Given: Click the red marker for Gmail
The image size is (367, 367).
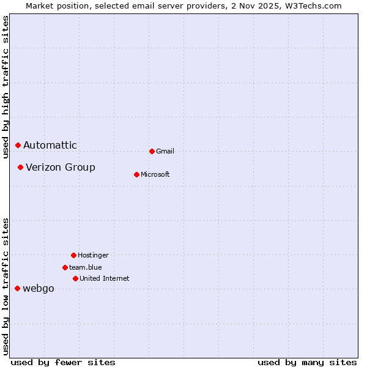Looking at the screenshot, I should click(x=152, y=151).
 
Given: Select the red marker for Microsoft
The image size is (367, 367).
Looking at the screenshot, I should click(x=136, y=174).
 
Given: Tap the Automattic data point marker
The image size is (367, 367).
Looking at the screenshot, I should click(x=18, y=145).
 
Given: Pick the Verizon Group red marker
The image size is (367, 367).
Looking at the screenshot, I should click(x=20, y=167).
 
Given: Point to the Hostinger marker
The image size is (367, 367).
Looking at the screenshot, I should click(x=73, y=255).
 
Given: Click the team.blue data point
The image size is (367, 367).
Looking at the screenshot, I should click(x=65, y=267).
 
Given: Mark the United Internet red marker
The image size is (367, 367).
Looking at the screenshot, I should click(x=75, y=278).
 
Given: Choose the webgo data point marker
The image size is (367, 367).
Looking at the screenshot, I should click(x=17, y=288).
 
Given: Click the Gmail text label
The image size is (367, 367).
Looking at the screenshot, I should click(x=165, y=151).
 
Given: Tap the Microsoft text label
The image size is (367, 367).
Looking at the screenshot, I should click(x=155, y=174).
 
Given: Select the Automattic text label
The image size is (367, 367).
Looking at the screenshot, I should click(x=50, y=145).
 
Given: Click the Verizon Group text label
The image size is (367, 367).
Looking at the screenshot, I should click(x=61, y=167).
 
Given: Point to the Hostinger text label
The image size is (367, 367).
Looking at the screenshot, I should click(x=93, y=255).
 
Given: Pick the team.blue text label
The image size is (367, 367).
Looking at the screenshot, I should click(x=86, y=267).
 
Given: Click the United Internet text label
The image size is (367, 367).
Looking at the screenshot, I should click(x=105, y=278).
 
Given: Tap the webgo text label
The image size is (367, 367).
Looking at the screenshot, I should click(x=39, y=289).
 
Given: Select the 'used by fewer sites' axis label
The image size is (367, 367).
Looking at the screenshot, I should click(x=63, y=362).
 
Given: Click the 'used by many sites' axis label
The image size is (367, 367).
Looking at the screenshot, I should click(x=307, y=362).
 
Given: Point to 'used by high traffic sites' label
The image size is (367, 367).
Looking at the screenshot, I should click(x=6, y=87).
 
